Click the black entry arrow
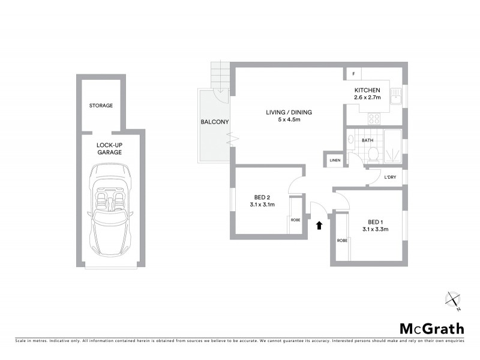click(319, 225)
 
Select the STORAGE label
click(101, 106)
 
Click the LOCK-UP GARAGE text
click(109, 149)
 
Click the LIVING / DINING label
click(289, 112)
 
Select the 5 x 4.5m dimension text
click(289, 120)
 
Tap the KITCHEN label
click(368, 90)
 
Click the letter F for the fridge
click(354, 74)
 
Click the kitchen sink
click(395, 97)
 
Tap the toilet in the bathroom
click(372, 155)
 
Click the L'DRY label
click(392, 177)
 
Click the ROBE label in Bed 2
click(295, 220)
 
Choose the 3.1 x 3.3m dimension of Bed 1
click(376, 229)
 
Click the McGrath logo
click(431, 328)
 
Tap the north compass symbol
click(453, 300)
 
